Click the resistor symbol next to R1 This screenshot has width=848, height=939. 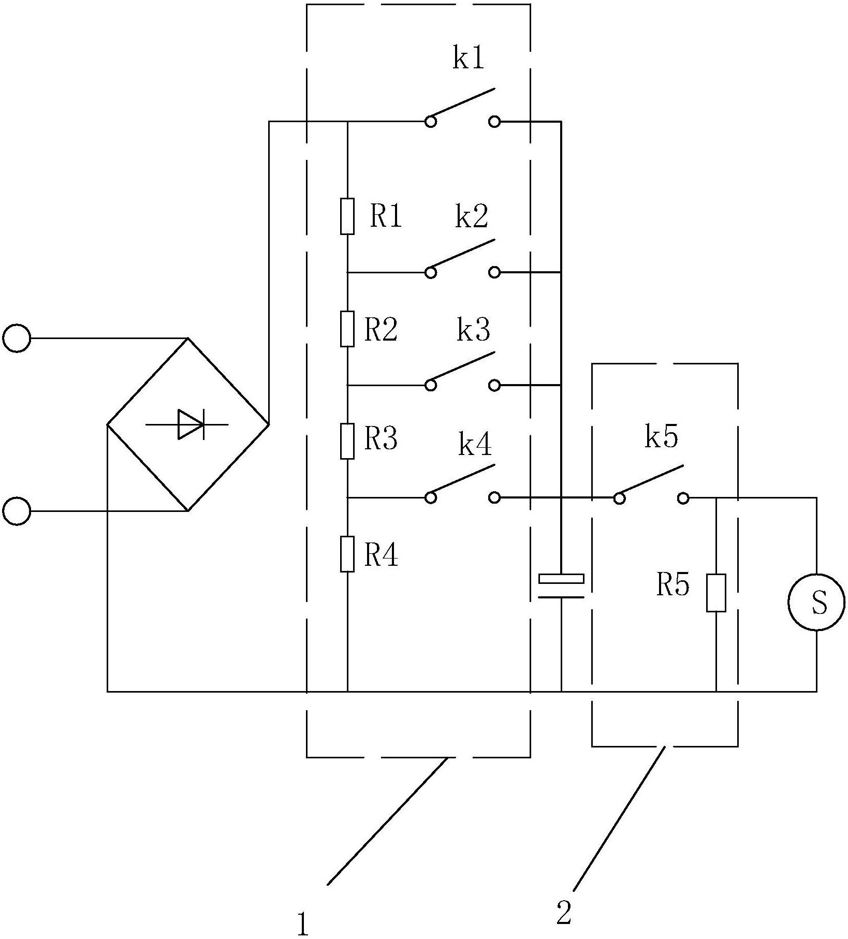pyautogui.click(x=347, y=216)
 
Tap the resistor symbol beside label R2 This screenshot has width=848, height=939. pyautogui.click(x=347, y=329)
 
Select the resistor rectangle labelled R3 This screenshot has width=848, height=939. pyautogui.click(x=347, y=441)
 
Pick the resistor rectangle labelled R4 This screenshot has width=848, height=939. pyautogui.click(x=347, y=554)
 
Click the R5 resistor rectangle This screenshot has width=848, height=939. pyautogui.click(x=716, y=593)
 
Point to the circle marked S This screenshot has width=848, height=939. pyautogui.click(x=816, y=602)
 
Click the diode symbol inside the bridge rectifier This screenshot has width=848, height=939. pyautogui.click(x=188, y=424)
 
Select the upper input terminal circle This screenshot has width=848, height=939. pyautogui.click(x=17, y=338)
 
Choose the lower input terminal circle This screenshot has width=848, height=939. pyautogui.click(x=17, y=511)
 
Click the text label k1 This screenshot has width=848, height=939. pyautogui.click(x=469, y=58)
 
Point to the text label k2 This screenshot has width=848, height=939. pyautogui.click(x=472, y=217)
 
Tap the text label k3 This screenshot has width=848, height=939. pyautogui.click(x=473, y=330)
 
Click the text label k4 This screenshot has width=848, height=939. pyautogui.click(x=475, y=444)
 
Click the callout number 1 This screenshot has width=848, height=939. pyautogui.click(x=303, y=923)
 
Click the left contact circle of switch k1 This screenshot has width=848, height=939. pyautogui.click(x=430, y=122)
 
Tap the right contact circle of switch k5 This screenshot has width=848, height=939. pyautogui.click(x=683, y=498)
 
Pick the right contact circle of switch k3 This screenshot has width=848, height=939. pyautogui.click(x=494, y=385)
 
